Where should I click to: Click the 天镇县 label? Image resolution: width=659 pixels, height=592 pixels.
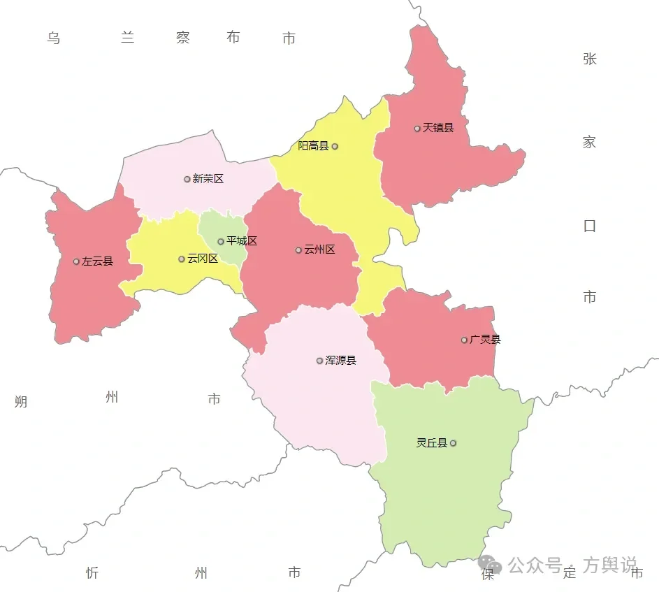[438, 128]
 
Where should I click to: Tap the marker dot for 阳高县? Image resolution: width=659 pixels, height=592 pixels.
[335, 147]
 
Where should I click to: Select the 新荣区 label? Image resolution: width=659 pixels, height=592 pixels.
[208, 179]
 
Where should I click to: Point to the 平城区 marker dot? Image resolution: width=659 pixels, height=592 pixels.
[221, 242]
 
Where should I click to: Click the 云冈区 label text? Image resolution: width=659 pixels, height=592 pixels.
[203, 259]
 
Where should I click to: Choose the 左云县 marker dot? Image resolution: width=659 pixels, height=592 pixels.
[76, 262]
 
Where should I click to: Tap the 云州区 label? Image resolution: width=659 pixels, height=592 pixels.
[319, 250]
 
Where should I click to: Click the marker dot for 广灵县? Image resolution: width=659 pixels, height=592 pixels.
[464, 340]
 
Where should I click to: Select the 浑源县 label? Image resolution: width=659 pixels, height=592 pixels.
[341, 361]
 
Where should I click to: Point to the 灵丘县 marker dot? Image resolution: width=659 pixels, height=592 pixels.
[454, 443]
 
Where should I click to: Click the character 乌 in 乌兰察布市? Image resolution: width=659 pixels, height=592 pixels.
[54, 38]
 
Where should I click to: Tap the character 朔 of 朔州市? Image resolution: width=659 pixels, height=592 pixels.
[21, 402]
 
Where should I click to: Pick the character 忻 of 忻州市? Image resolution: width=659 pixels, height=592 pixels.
[93, 574]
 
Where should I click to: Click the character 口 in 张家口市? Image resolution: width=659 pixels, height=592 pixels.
[590, 226]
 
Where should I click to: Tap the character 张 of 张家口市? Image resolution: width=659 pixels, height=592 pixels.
[590, 59]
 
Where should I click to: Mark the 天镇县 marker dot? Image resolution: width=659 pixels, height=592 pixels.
[417, 129]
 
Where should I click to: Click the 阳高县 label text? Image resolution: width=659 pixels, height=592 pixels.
[313, 146]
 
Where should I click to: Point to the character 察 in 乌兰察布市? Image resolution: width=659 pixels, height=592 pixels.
[183, 38]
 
